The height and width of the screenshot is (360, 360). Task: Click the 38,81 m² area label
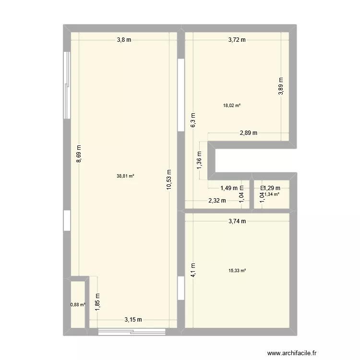click(x=125, y=176)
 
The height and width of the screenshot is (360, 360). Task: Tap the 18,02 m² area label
click(x=231, y=106)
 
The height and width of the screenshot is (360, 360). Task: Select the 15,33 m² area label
click(x=237, y=271)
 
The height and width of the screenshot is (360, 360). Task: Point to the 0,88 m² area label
click(x=78, y=304)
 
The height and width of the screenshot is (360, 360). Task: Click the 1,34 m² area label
click(x=271, y=194)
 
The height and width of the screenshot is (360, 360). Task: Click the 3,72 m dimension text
click(x=237, y=40)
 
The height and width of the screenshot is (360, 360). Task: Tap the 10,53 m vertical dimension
click(x=169, y=180)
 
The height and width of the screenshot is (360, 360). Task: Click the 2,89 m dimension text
click(x=249, y=133)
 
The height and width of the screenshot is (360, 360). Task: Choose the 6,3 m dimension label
click(x=193, y=120)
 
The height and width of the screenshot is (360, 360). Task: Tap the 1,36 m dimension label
click(x=200, y=160)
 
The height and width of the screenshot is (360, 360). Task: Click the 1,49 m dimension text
click(x=229, y=188)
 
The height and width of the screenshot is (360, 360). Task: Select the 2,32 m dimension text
click(x=217, y=201)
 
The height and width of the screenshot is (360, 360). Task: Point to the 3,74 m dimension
click(x=237, y=221)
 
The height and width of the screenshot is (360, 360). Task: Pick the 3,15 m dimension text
click(x=133, y=320)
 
